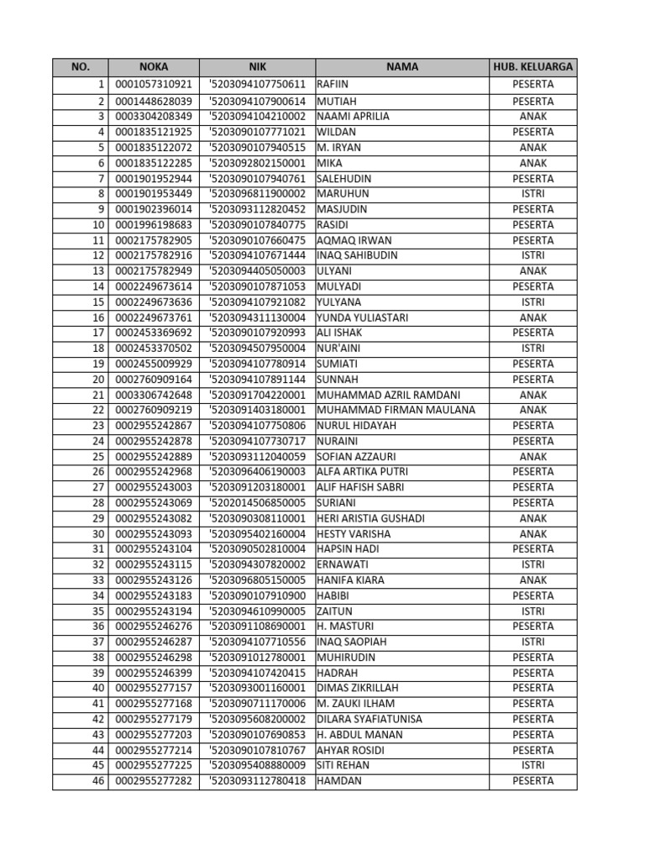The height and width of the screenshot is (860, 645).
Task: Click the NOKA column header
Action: click(x=154, y=68)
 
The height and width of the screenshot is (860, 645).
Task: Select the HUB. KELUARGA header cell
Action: click(x=533, y=68)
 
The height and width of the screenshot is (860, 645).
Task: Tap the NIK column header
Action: click(x=257, y=68)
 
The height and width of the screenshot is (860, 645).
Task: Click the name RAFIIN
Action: click(x=333, y=85)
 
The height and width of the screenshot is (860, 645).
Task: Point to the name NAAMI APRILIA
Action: click(x=353, y=117)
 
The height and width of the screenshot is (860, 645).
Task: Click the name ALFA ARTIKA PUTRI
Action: click(x=362, y=472)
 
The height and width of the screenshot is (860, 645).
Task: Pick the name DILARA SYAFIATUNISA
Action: click(x=369, y=719)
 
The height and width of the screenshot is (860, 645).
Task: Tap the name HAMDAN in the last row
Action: click(x=339, y=781)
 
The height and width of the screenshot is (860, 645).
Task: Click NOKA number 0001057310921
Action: click(x=154, y=85)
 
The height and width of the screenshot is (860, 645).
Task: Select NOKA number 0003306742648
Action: click(x=154, y=395)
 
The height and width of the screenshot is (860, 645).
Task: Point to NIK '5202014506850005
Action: click(x=257, y=503)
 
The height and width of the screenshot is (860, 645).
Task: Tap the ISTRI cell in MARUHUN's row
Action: click(x=533, y=194)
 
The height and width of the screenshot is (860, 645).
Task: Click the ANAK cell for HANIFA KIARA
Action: click(x=533, y=580)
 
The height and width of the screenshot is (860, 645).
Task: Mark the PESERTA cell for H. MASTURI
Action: click(x=533, y=627)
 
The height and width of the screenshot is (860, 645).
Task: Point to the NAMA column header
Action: click(x=402, y=68)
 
